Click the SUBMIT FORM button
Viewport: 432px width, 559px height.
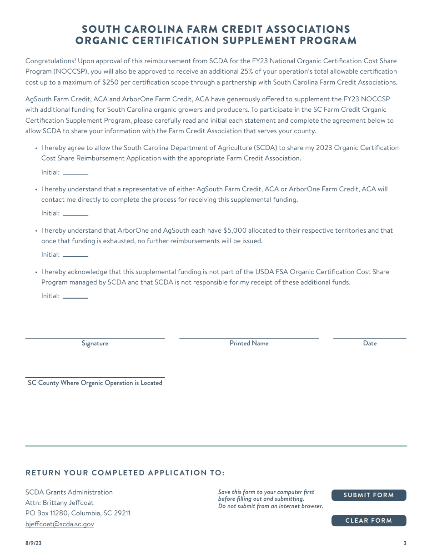[x=368, y=495]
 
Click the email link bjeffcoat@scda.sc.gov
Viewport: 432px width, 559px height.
[x=60, y=524]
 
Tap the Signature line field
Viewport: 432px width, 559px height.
[x=95, y=334]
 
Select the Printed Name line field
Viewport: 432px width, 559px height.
[x=249, y=334]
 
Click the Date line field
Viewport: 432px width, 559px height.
[x=369, y=334]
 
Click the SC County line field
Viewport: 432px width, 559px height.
[x=95, y=373]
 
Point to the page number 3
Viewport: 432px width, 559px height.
[x=405, y=543]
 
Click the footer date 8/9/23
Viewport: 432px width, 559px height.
[x=34, y=543]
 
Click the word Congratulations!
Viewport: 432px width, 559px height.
[x=50, y=61]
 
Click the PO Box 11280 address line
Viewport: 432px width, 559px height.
[x=78, y=513]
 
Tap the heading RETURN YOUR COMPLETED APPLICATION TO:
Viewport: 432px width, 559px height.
[x=125, y=473]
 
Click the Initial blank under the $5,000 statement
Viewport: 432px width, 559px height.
[x=75, y=255]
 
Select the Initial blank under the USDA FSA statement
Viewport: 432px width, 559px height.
[x=75, y=296]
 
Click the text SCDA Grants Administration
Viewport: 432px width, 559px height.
[x=69, y=492]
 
